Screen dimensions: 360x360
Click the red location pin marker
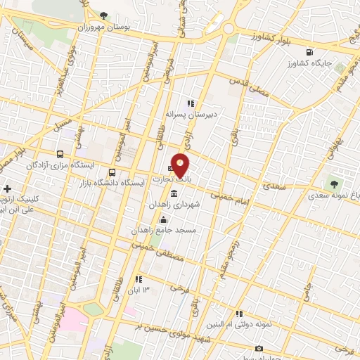pos(181,165)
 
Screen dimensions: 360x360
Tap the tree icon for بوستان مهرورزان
pos(105,15)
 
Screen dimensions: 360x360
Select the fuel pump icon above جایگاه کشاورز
pos(309,51)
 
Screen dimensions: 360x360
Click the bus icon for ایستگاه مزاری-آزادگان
pos(60,154)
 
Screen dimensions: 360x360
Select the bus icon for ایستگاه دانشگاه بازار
pos(112,172)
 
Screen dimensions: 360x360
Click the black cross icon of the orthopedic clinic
pos(8,189)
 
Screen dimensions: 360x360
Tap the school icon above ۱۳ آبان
pos(139,279)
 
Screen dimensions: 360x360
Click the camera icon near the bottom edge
pos(259,349)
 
